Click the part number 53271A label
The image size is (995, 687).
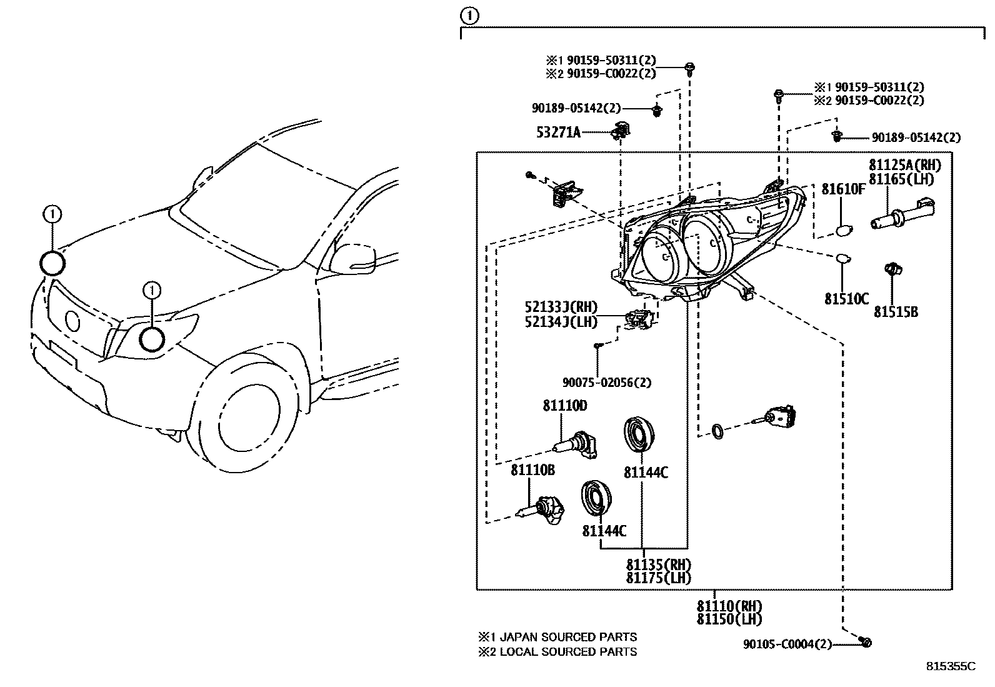(558, 132)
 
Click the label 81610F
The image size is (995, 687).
(842, 189)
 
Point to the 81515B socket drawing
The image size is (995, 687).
(892, 273)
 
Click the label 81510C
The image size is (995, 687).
(846, 299)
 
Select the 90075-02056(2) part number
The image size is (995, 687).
(602, 383)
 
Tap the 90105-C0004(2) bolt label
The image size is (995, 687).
(787, 644)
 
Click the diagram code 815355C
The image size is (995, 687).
(950, 666)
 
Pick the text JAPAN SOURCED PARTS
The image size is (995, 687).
(569, 637)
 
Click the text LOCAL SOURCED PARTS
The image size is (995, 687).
(569, 652)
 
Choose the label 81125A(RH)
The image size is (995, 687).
(904, 165)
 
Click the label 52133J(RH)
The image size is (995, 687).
(561, 307)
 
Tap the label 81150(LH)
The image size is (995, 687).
(729, 619)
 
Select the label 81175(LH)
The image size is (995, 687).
(658, 578)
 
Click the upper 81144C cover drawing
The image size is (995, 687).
(639, 434)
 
